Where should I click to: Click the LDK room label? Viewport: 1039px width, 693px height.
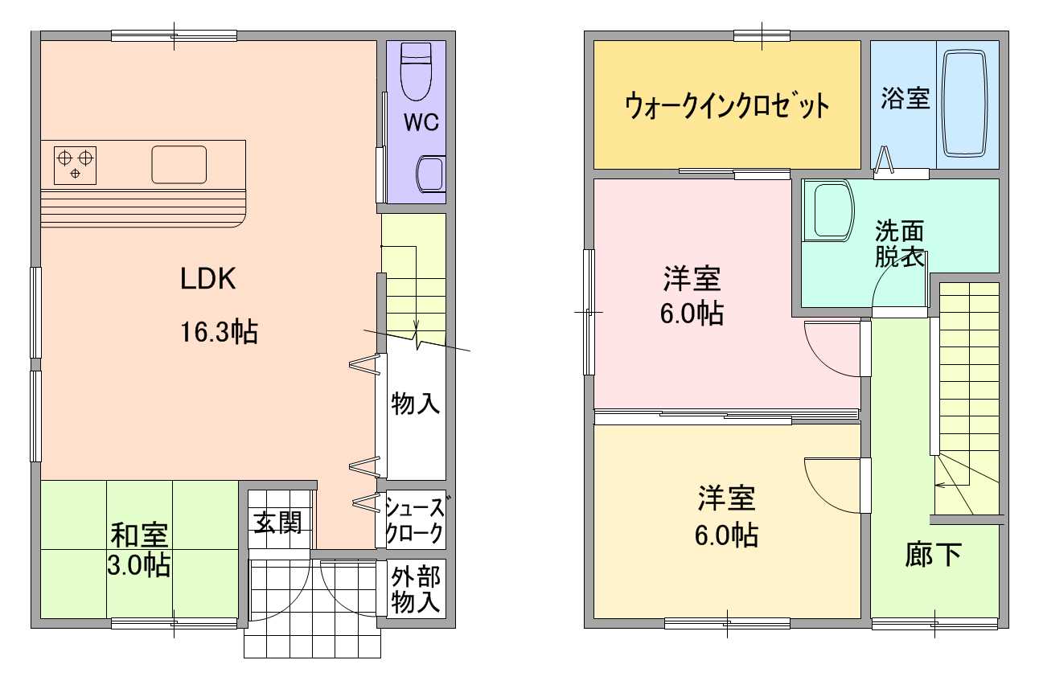tap(207, 279)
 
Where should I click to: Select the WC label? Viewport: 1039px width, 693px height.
tap(421, 123)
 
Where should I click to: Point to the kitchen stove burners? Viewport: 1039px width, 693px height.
tap(75, 163)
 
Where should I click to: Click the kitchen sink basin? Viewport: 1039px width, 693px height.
tap(179, 165)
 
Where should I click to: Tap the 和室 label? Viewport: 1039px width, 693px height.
tap(139, 534)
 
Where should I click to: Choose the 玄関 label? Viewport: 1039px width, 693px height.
tap(278, 523)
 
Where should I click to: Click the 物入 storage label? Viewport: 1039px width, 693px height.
tap(416, 403)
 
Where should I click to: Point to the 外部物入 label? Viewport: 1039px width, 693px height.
tap(416, 589)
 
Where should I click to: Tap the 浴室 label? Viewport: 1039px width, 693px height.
tap(905, 99)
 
